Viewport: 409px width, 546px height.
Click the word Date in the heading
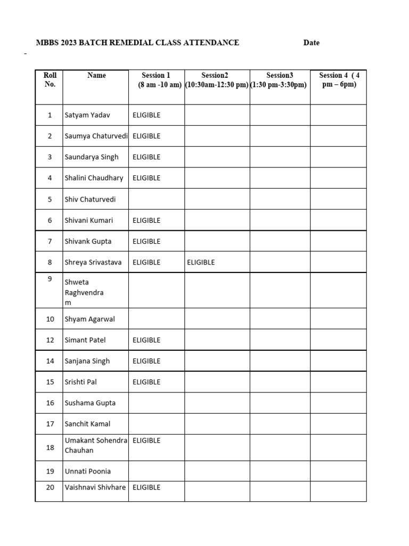[312, 43]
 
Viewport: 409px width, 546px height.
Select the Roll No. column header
[50, 80]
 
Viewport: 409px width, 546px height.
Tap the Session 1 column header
[156, 80]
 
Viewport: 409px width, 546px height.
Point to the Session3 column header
[280, 80]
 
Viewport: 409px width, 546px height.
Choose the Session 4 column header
[339, 80]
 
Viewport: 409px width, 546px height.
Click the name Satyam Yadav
[87, 115]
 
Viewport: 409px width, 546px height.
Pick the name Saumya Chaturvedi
[96, 136]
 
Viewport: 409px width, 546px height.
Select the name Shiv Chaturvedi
[90, 199]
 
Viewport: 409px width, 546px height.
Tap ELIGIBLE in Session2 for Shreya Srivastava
[201, 262]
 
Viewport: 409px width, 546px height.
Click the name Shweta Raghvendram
[84, 292]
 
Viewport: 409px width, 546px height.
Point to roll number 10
[50, 319]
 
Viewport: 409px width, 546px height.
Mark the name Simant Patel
[85, 340]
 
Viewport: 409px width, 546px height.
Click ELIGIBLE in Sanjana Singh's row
[146, 361]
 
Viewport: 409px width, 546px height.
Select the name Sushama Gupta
[90, 403]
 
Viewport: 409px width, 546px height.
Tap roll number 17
[50, 424]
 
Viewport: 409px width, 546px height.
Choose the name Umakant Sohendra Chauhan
[96, 445]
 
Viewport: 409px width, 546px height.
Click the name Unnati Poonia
[88, 471]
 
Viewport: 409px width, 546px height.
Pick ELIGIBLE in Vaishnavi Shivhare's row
[146, 487]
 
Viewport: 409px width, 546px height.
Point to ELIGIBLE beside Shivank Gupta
[146, 241]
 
